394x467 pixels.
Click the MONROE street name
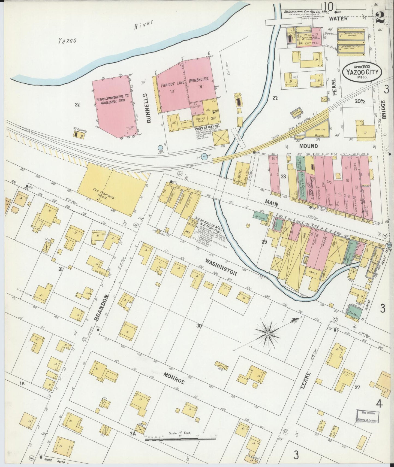click(x=174, y=379)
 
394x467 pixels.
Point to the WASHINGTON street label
click(x=221, y=267)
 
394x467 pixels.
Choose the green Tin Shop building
click(x=356, y=314)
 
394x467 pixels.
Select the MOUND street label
click(x=309, y=146)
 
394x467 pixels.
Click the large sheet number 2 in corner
click(x=380, y=18)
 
